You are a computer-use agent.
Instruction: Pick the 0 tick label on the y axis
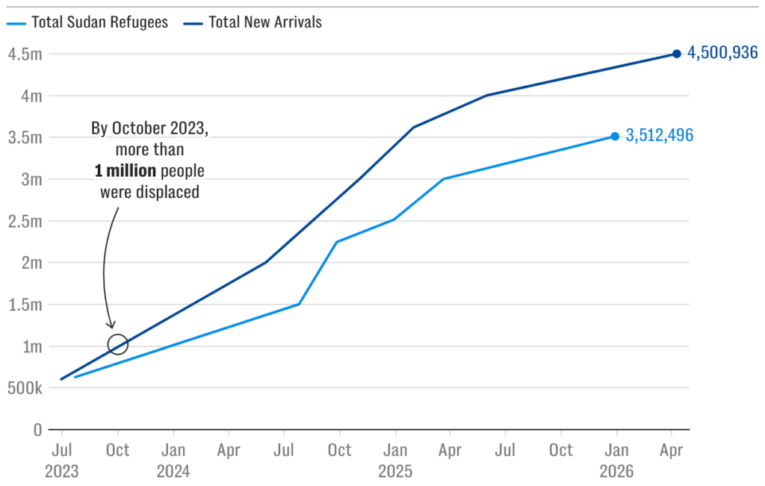(37, 430)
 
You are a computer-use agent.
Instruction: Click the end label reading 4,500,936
(722, 54)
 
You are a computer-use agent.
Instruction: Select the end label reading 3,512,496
(660, 136)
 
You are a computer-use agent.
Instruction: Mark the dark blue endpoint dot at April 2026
(676, 54)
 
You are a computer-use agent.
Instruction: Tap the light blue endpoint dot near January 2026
(615, 136)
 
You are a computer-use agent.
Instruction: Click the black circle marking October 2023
(117, 344)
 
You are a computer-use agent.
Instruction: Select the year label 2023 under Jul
(61, 472)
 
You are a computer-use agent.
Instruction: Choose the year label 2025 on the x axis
(394, 472)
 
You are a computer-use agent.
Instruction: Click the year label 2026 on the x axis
(616, 472)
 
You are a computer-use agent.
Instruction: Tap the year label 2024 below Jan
(173, 472)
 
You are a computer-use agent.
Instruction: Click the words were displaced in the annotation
(149, 192)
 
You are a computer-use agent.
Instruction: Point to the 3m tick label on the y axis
(30, 179)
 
